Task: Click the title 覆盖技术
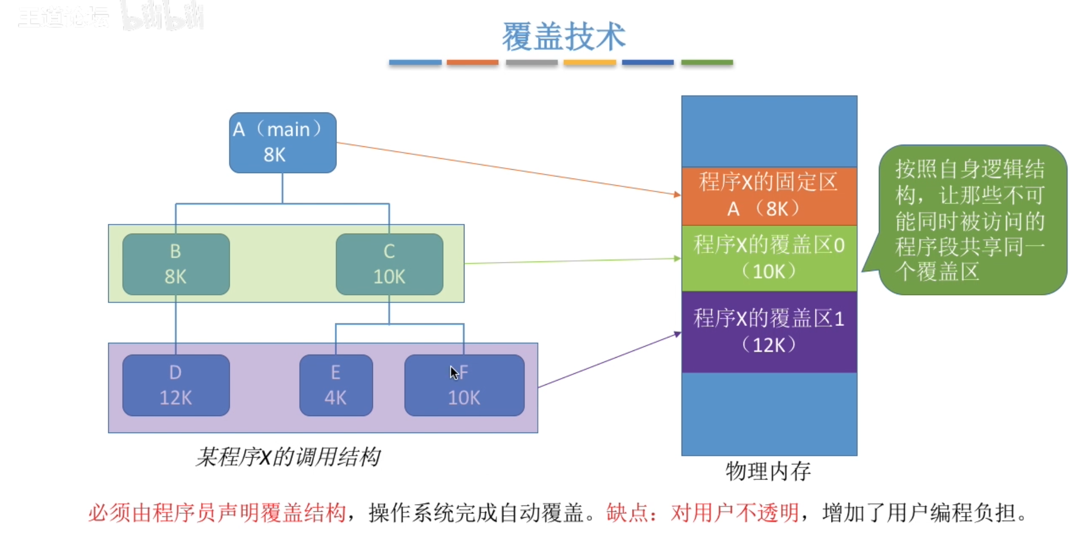point(563,36)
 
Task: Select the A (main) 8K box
point(283,143)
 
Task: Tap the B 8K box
point(176,264)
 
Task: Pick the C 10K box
point(389,264)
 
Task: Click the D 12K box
point(176,385)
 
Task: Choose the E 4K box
point(336,385)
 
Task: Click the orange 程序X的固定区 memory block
point(769,196)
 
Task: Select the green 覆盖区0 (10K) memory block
point(769,258)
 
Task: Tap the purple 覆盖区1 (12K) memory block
point(769,332)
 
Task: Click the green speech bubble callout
point(971,220)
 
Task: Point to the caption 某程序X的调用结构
point(288,457)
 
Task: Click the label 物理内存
point(768,471)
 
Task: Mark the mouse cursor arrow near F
point(454,371)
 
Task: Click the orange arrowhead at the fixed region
point(677,195)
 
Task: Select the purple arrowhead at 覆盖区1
point(677,334)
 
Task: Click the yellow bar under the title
point(589,62)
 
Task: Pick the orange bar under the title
point(472,62)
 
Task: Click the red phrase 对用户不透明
point(735,513)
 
